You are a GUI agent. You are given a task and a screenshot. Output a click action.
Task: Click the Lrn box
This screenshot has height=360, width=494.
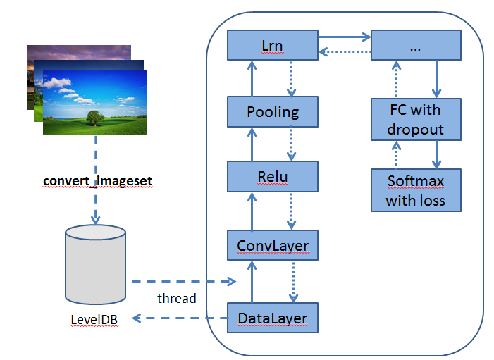click(272, 46)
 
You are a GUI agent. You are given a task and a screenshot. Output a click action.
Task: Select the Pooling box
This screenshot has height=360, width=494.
click(272, 111)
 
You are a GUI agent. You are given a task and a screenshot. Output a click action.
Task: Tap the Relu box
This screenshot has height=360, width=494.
click(272, 176)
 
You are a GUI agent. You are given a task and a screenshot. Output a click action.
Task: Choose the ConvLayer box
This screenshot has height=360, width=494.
click(272, 246)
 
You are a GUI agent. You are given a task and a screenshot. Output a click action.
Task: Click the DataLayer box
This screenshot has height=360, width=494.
click(272, 318)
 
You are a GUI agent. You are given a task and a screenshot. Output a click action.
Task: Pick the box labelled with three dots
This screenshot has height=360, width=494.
click(416, 46)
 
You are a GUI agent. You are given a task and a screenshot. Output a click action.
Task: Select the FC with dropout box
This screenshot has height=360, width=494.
click(416, 119)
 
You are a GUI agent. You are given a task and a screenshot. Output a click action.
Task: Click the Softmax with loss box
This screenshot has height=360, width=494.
click(416, 190)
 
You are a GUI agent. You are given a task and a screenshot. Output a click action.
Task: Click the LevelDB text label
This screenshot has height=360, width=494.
click(94, 320)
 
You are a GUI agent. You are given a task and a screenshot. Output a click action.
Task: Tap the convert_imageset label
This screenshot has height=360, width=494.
click(97, 181)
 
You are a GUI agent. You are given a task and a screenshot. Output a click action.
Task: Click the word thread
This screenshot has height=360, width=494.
click(177, 298)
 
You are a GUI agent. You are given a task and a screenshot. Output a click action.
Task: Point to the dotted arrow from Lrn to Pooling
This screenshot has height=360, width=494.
click(290, 78)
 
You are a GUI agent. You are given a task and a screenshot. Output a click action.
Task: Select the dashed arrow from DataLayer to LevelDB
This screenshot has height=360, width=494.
click(180, 318)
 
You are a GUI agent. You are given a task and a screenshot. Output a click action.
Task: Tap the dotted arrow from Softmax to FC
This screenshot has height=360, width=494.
click(396, 154)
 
